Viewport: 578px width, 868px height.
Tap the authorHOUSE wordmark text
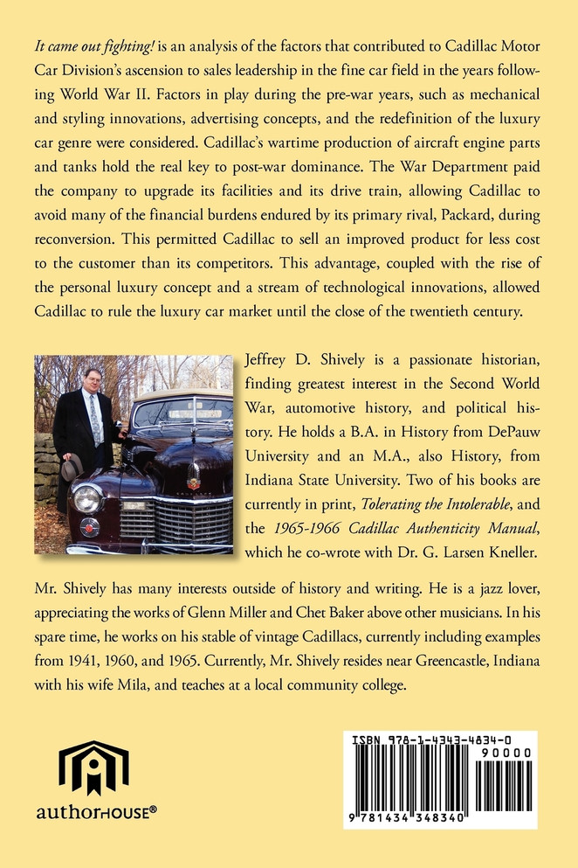pos(97,811)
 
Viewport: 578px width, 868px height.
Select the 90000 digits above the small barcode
pos(512,752)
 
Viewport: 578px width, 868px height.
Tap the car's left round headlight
pos(87,498)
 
